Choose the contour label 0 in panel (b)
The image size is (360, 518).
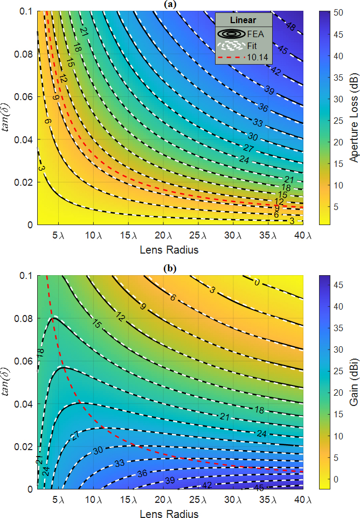258,282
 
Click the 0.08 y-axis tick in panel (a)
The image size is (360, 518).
25,54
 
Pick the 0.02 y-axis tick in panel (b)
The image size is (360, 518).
25,446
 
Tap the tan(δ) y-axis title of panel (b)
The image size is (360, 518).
6,381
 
